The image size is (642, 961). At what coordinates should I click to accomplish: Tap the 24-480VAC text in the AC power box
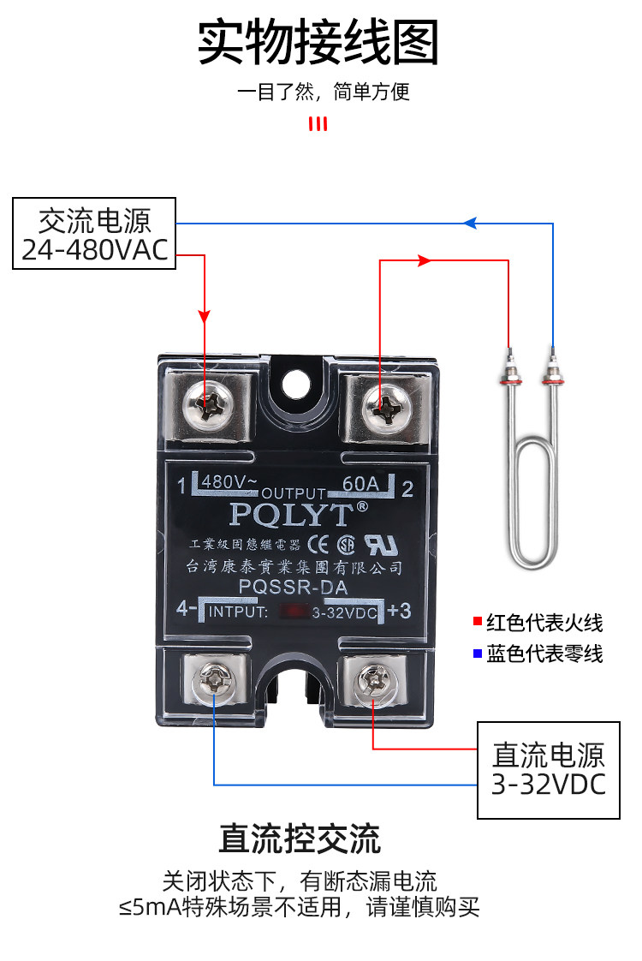coord(94,249)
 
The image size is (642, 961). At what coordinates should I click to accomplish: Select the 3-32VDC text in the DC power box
coord(548,784)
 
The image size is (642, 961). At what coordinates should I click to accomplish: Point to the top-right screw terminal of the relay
coord(379,404)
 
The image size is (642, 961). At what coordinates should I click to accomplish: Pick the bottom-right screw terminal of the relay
coord(374,681)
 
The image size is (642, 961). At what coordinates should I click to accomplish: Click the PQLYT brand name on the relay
coord(291,514)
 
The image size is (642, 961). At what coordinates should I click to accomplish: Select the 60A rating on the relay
coord(360,484)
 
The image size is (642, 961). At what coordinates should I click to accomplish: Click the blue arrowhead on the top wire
coord(469,224)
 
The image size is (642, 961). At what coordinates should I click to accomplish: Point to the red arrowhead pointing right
coord(424,260)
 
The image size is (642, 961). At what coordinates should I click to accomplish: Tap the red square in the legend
coord(477,622)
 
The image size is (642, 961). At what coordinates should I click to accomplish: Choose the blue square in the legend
coord(477,654)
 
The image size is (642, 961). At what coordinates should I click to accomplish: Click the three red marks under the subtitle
coord(318,125)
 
